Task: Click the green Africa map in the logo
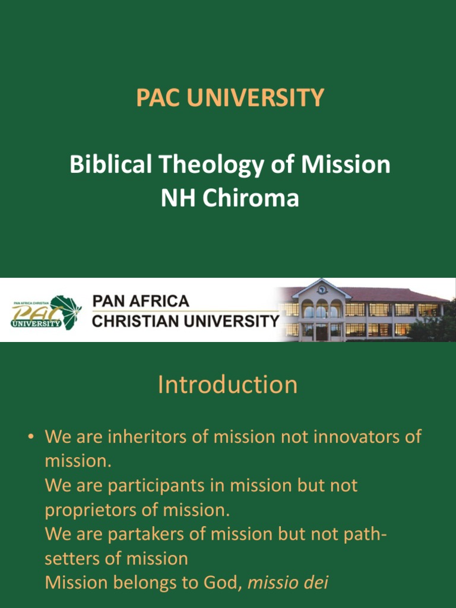click(66, 311)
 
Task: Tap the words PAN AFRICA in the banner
click(141, 301)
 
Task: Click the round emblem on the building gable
click(321, 290)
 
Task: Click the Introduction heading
click(228, 385)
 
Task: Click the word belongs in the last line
click(148, 583)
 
